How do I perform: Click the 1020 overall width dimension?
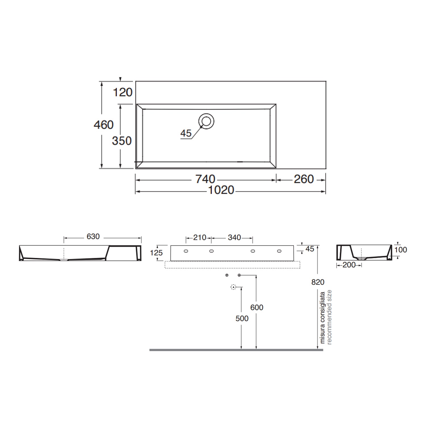pyautogui.click(x=221, y=190)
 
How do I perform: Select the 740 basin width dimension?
pyautogui.click(x=205, y=179)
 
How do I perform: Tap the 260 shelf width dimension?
pyautogui.click(x=304, y=179)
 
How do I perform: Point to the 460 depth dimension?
pyautogui.click(x=104, y=125)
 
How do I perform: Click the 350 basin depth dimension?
pyautogui.click(x=122, y=141)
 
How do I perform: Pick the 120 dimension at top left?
pyautogui.click(x=123, y=92)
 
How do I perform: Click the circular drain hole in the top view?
pyautogui.click(x=206, y=121)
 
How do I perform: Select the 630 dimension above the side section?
pyautogui.click(x=93, y=237)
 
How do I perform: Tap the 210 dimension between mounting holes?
pyautogui.click(x=200, y=238)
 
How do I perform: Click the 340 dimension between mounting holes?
pyautogui.click(x=234, y=238)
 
